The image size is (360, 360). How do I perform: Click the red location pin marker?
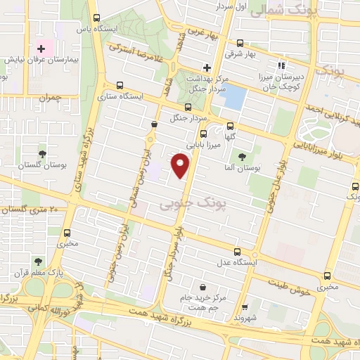coord(181,166)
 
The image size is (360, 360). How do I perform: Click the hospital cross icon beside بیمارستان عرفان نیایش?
coord(41,49)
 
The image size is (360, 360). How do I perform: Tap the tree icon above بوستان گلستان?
coord(44,153)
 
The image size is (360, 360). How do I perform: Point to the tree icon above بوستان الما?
coord(243,157)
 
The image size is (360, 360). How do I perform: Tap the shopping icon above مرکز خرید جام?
coord(203,287)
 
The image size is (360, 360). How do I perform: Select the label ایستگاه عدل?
coord(238,262)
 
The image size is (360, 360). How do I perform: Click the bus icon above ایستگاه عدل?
coord(238,251)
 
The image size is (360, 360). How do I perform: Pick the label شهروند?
coord(245,318)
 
